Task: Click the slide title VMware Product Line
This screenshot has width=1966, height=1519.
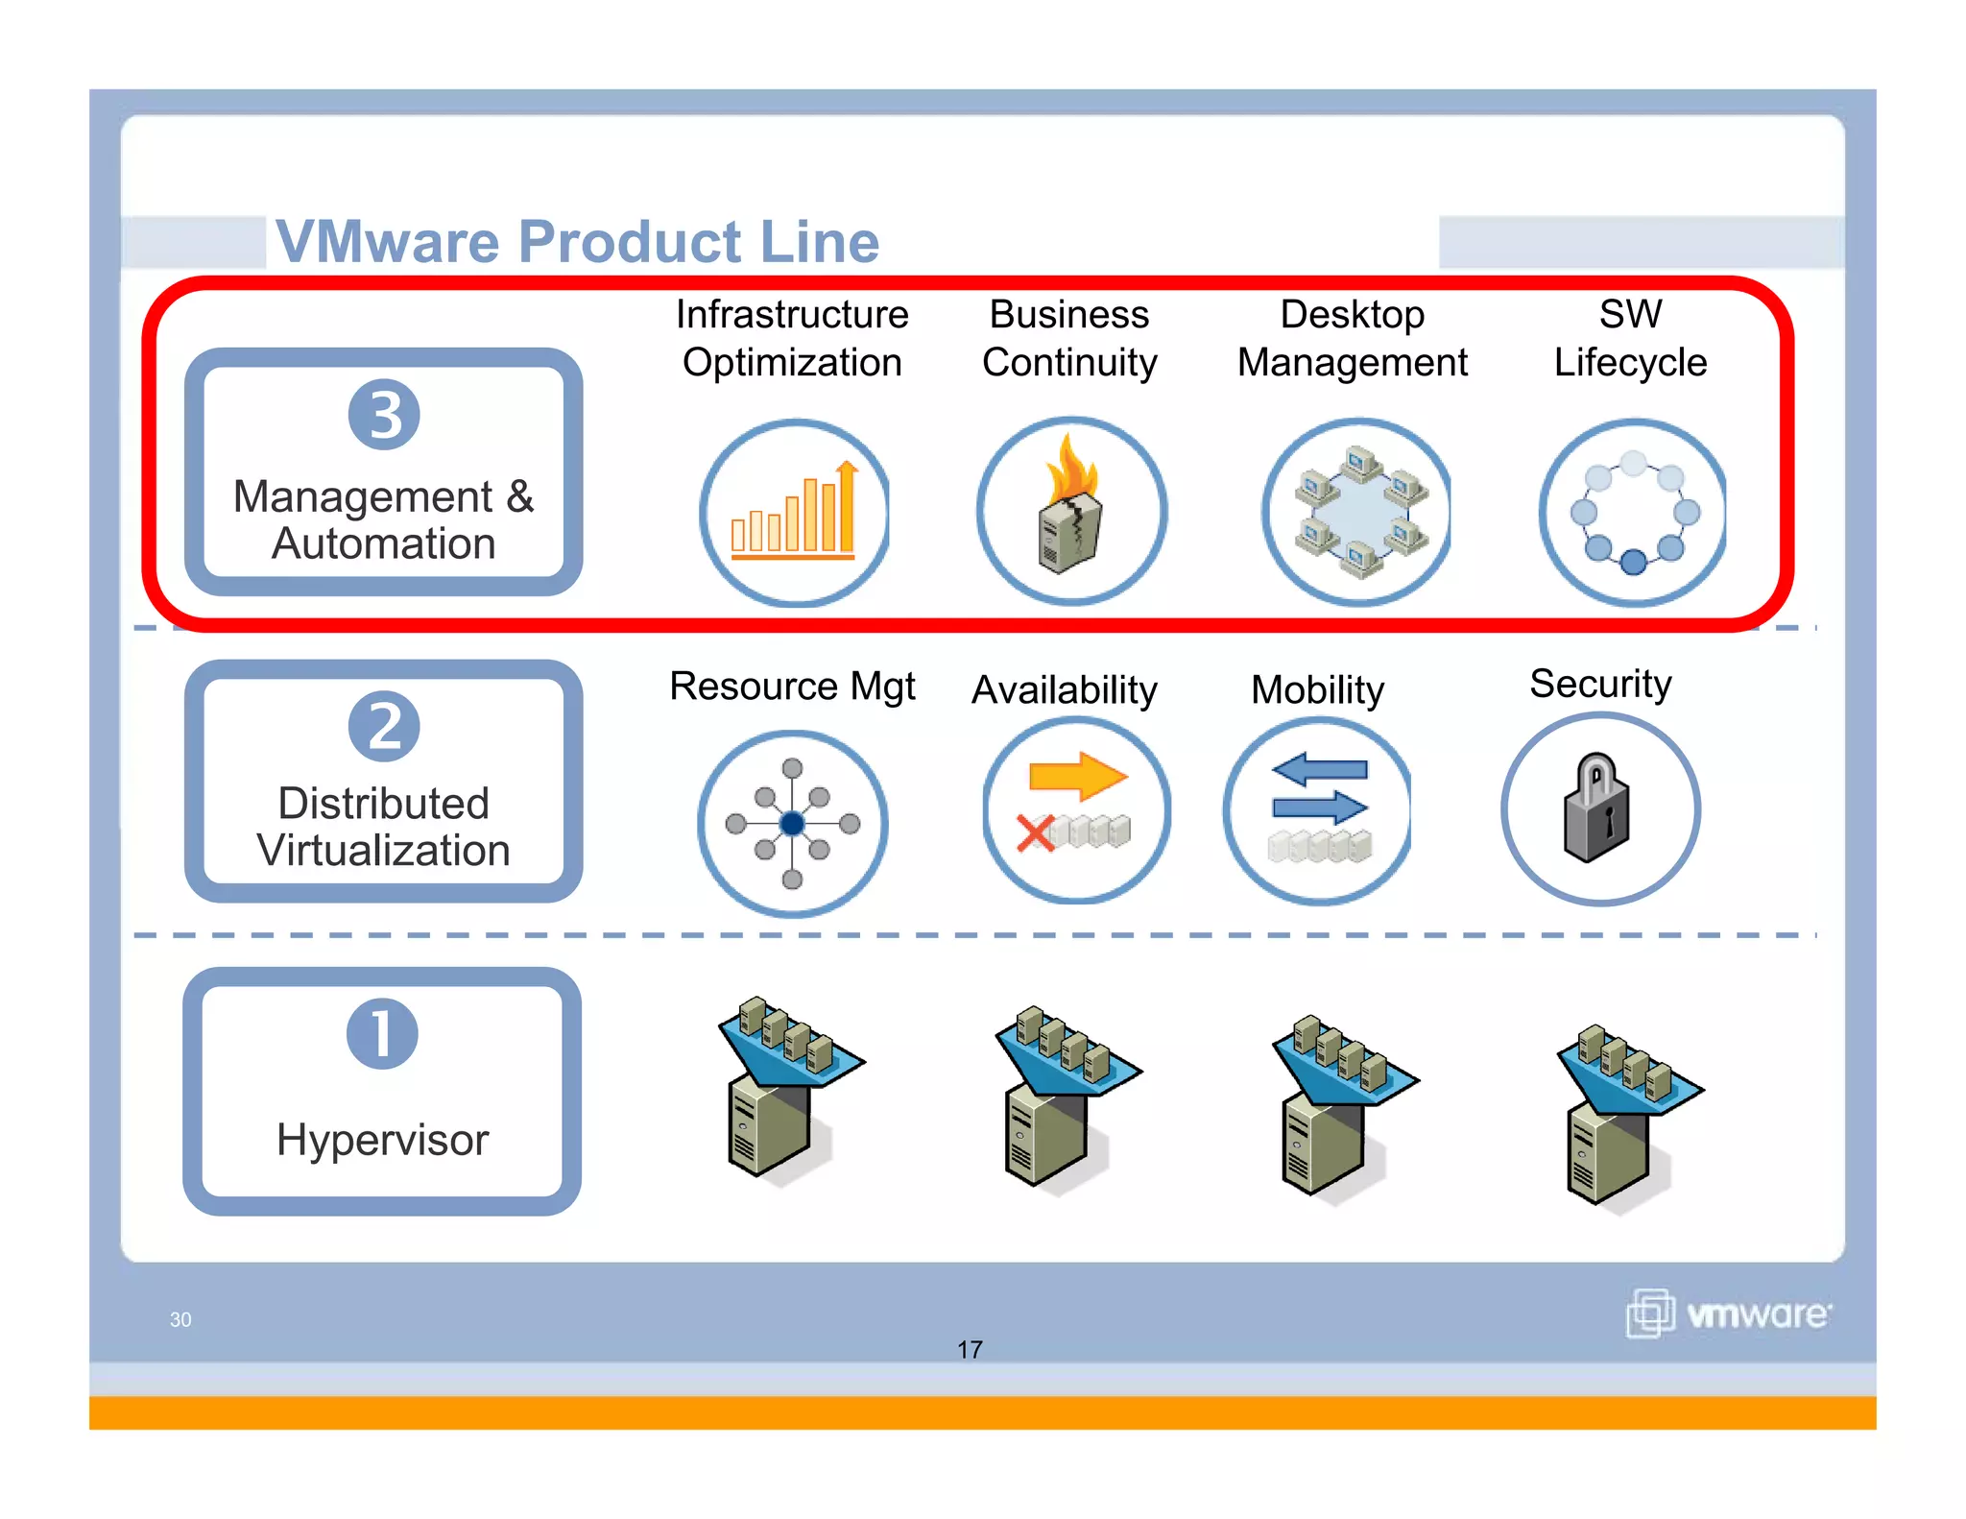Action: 577,241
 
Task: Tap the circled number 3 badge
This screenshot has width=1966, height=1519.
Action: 384,415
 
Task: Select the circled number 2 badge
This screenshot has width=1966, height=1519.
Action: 384,726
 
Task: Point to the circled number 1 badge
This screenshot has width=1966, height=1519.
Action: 382,1034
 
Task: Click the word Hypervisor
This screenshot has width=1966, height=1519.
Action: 382,1140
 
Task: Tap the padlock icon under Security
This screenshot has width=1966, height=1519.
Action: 1597,808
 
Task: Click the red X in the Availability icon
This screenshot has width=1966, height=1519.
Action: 1036,832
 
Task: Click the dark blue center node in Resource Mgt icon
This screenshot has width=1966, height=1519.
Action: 792,824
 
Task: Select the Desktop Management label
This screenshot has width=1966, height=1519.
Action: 1352,338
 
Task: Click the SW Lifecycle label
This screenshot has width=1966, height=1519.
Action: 1630,338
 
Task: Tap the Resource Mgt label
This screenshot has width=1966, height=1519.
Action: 792,687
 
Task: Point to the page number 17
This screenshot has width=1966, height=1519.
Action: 970,1350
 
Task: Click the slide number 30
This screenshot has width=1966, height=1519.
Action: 180,1319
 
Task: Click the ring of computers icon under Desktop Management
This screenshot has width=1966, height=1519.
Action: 1357,512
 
